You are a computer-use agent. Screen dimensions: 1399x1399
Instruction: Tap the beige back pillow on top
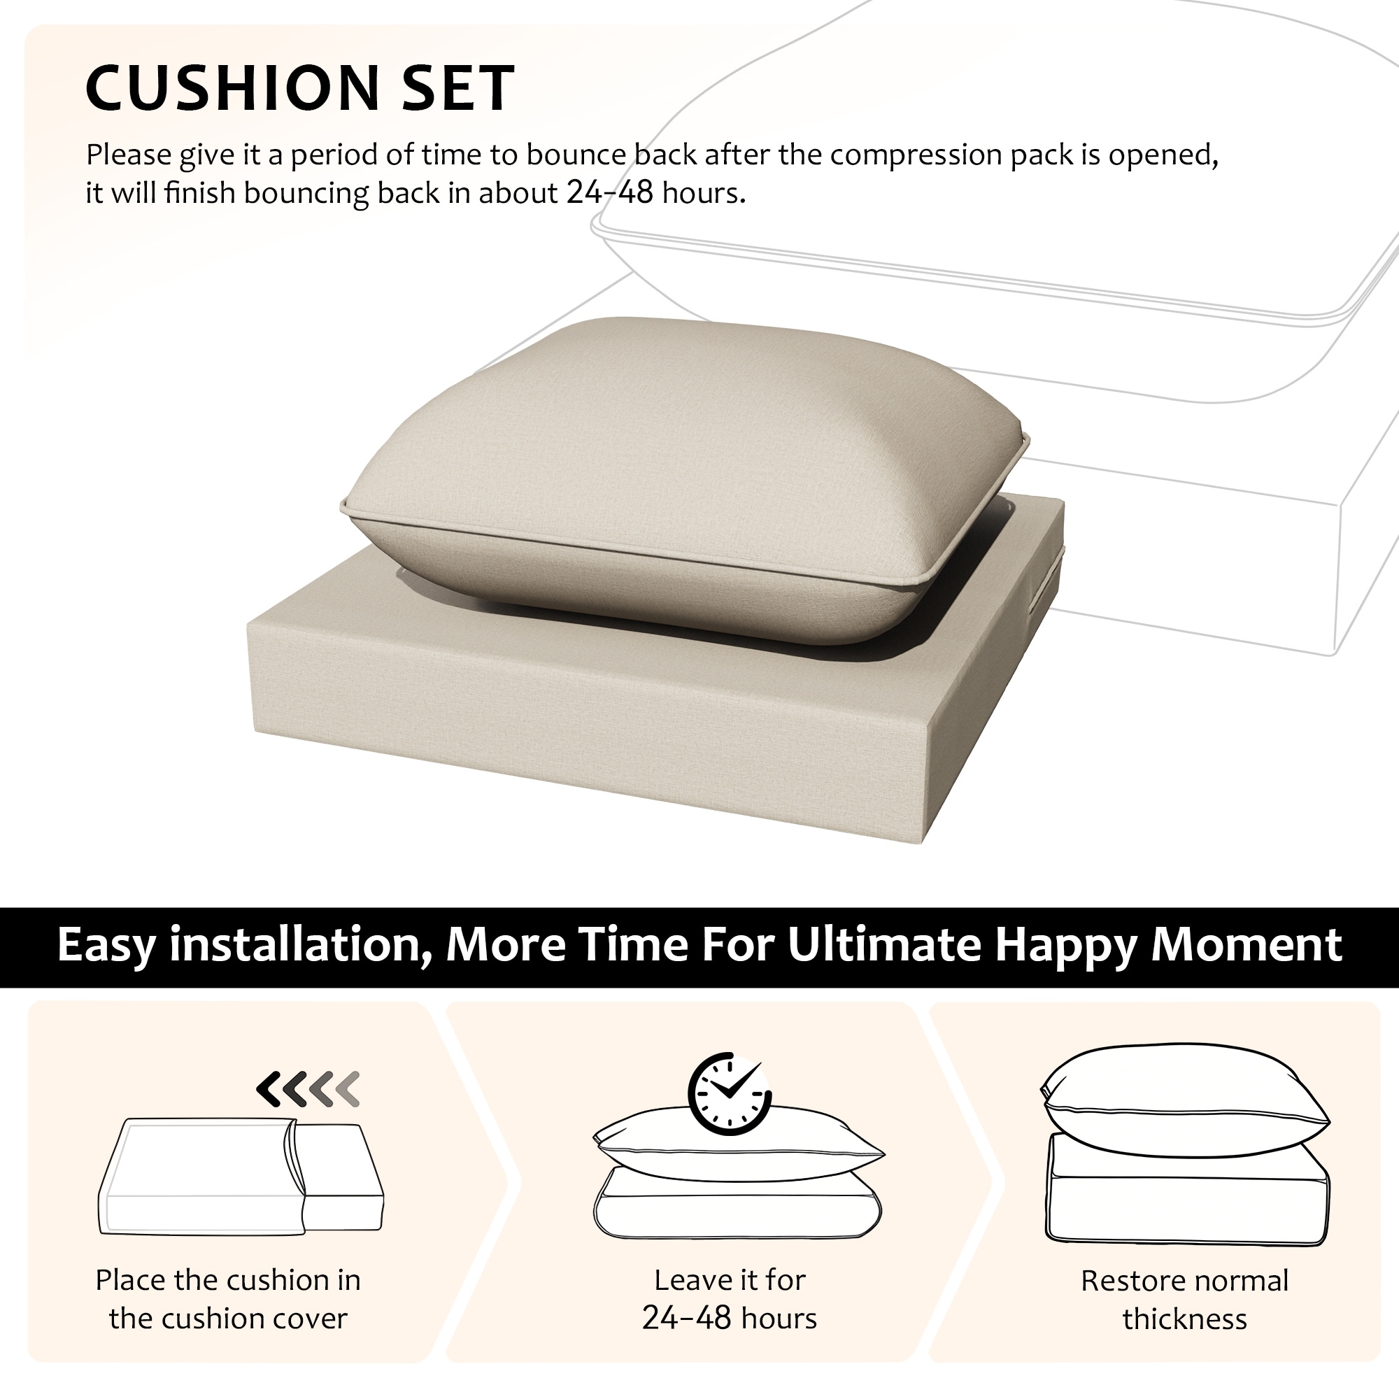click(x=685, y=479)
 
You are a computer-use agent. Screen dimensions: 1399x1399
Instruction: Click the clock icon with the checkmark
click(x=729, y=1093)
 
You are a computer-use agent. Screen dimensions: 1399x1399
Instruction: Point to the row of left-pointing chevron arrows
click(x=308, y=1089)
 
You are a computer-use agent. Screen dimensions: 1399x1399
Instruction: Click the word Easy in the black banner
click(x=106, y=946)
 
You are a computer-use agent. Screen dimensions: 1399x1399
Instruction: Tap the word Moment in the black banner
click(x=1247, y=944)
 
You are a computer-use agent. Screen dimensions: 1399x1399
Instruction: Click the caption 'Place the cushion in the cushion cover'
click(x=228, y=1299)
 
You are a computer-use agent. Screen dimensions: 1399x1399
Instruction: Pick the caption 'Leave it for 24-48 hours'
click(x=729, y=1299)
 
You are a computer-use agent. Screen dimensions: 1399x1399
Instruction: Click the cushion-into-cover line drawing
click(x=241, y=1177)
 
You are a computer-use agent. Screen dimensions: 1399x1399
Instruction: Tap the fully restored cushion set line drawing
click(x=1186, y=1144)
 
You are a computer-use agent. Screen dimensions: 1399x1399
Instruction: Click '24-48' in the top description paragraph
click(x=611, y=192)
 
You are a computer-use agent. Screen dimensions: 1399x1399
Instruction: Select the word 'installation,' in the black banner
click(x=300, y=946)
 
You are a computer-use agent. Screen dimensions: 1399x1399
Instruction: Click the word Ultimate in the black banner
click(x=883, y=944)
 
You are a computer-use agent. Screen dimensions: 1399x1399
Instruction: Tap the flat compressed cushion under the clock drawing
click(x=737, y=1202)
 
